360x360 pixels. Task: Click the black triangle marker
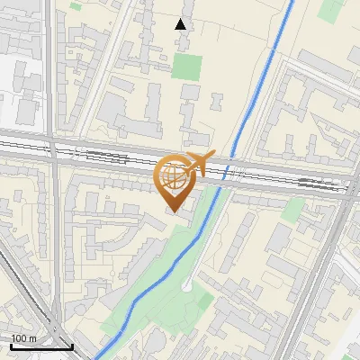(x=181, y=24)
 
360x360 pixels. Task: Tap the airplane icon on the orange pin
(x=199, y=164)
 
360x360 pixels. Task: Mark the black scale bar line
(x=41, y=346)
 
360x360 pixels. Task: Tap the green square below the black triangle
(x=188, y=67)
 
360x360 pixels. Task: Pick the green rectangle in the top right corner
(x=330, y=9)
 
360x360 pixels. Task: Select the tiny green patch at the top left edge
(x=74, y=4)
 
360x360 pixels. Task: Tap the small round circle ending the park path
(x=185, y=286)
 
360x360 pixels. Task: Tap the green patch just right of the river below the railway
(x=293, y=210)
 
